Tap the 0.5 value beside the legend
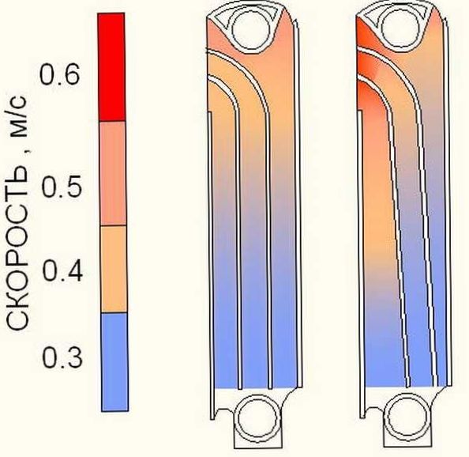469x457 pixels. [61, 187]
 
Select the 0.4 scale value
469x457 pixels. [62, 270]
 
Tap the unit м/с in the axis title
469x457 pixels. [18, 116]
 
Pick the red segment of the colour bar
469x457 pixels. [111, 66]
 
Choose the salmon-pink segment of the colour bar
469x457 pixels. [113, 173]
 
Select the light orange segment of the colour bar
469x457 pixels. [114, 269]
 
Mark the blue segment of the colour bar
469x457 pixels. [114, 362]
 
